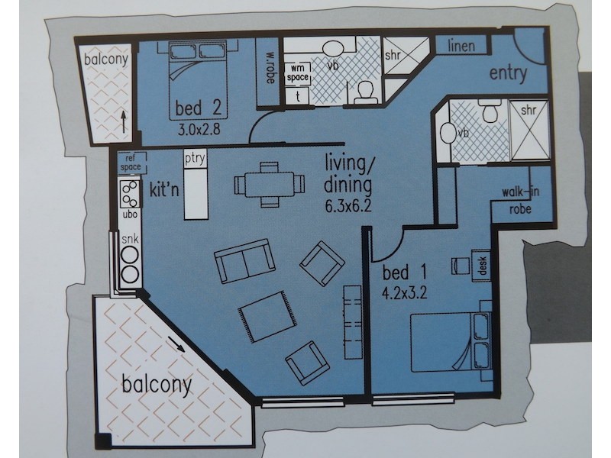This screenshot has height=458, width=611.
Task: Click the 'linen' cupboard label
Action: (x=461, y=46)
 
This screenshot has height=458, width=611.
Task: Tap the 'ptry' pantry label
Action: (x=195, y=159)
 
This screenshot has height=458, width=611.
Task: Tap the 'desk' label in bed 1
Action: (x=482, y=264)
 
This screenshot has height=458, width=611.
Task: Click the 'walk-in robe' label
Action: (x=521, y=198)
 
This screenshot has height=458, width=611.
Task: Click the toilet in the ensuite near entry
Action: (x=490, y=114)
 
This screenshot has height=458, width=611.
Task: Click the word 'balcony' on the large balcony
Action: (x=157, y=383)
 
